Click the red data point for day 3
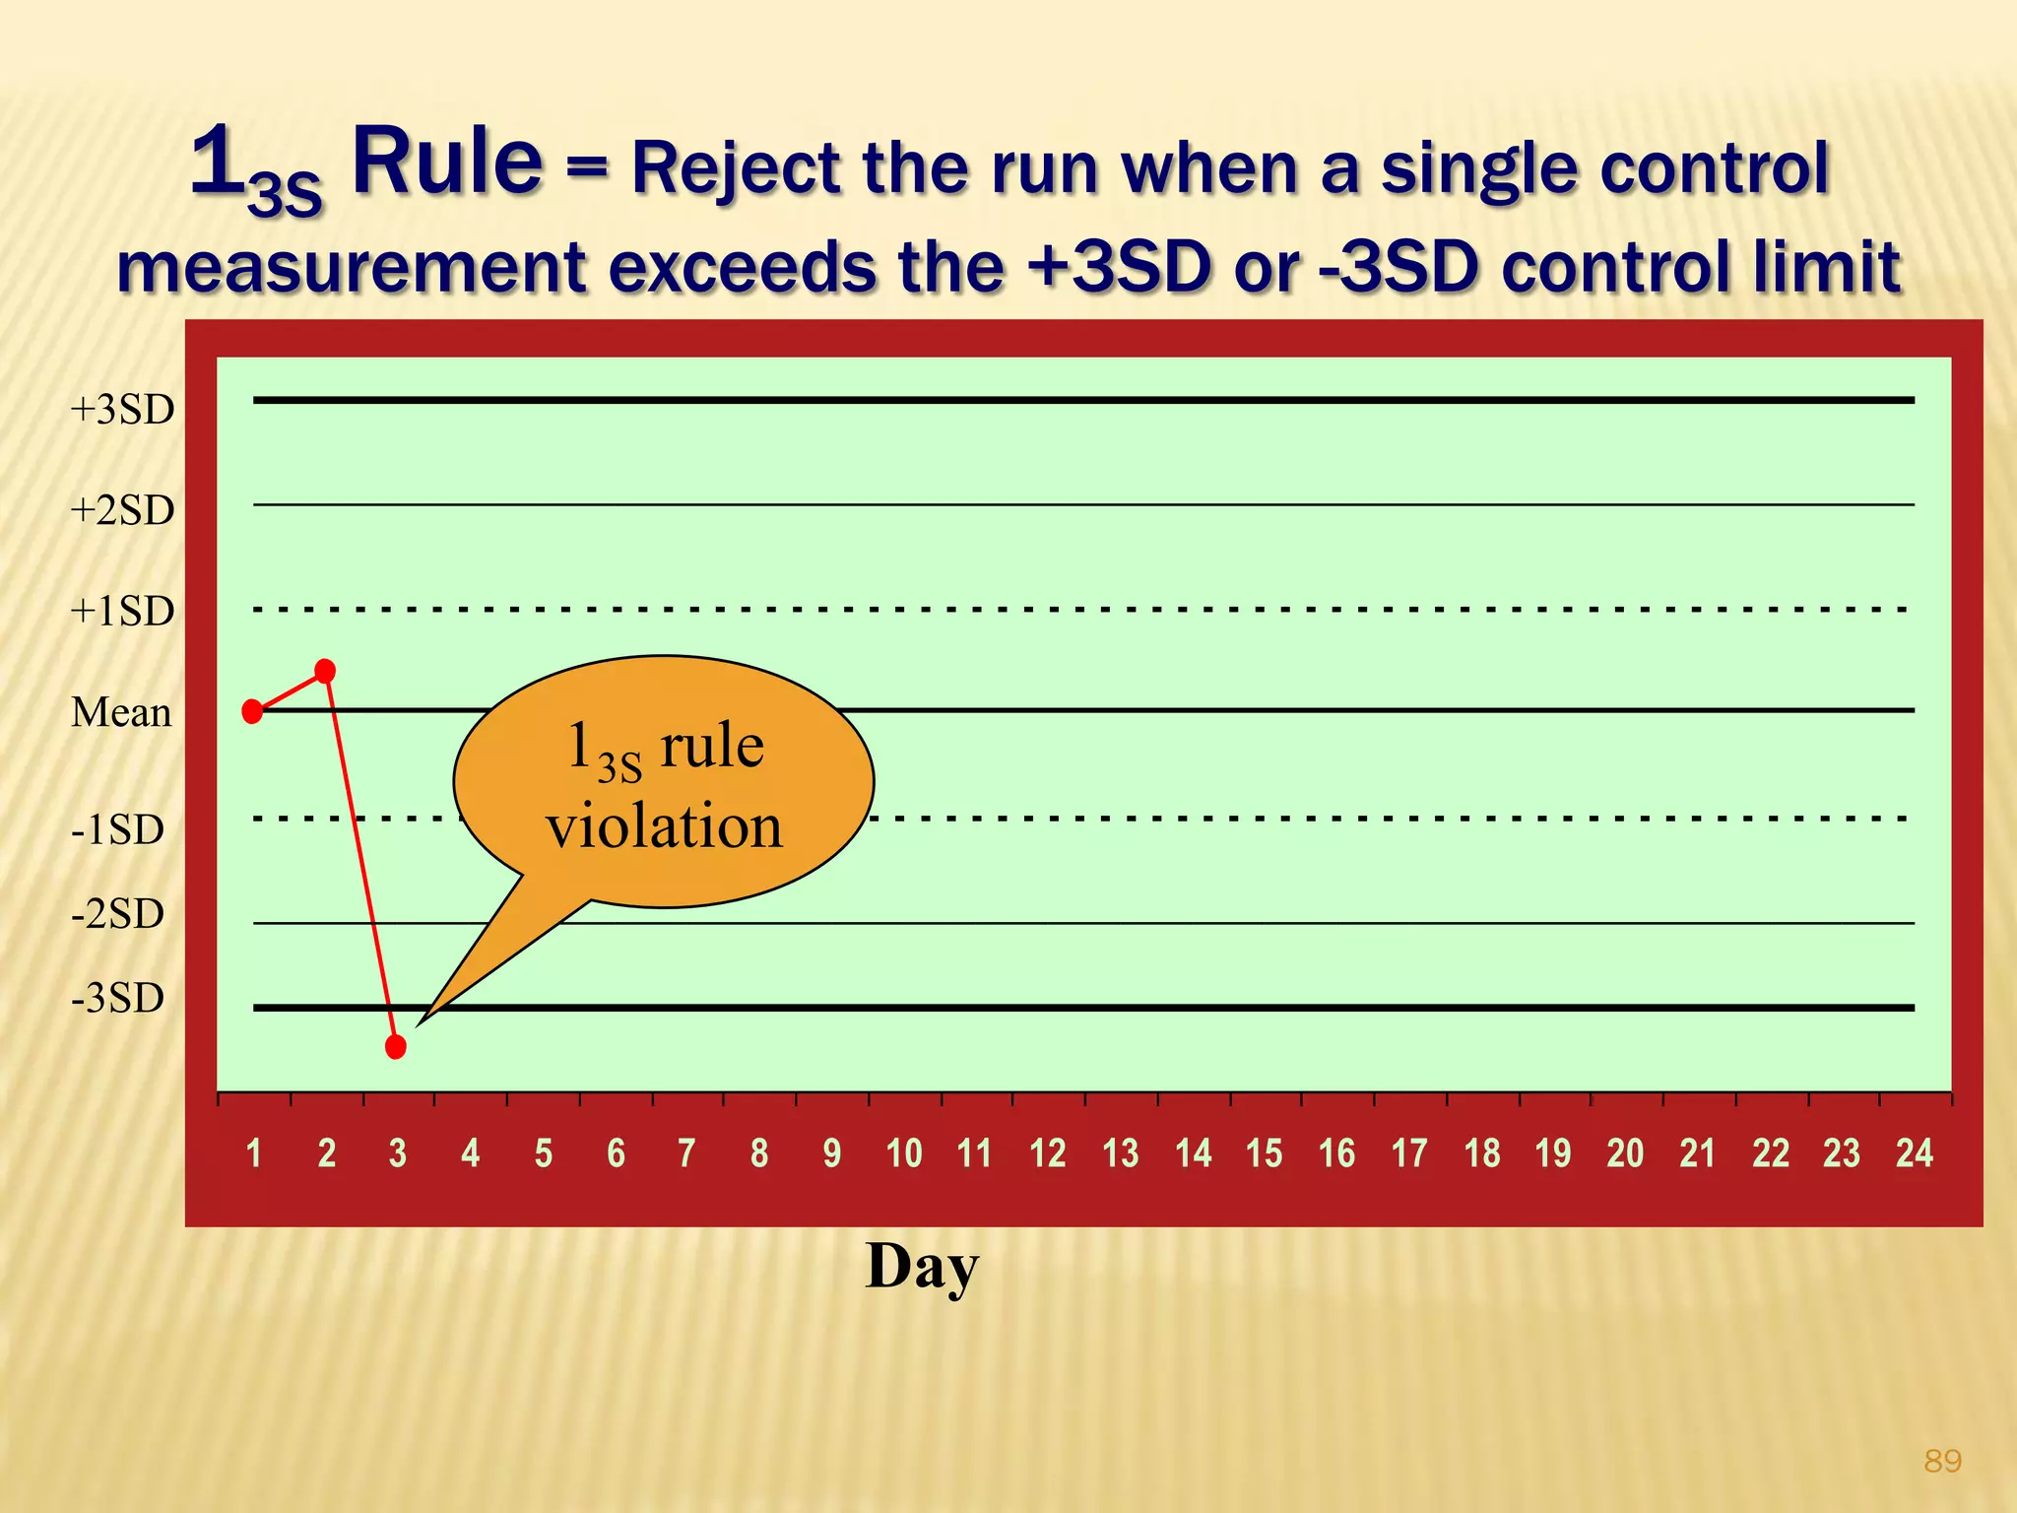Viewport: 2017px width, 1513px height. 396,1046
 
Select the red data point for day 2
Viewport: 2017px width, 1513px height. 325,672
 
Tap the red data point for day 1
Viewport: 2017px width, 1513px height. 252,711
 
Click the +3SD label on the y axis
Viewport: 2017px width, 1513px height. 122,410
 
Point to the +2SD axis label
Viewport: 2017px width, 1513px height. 122,510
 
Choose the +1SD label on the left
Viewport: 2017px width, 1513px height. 122,612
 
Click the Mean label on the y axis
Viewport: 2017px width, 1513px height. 121,712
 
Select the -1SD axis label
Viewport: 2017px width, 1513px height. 117,830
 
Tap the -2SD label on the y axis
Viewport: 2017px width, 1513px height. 117,914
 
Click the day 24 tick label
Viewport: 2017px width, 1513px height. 1914,1152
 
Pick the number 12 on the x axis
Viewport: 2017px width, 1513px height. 1047,1152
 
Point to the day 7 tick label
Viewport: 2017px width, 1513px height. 686,1152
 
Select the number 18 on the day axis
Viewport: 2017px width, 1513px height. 1481,1152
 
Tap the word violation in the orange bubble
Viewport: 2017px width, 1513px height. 665,825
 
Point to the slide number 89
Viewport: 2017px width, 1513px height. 1942,1461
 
